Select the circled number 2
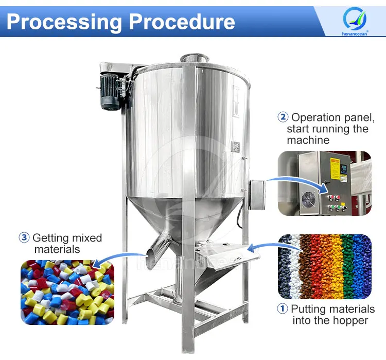coord(283,117)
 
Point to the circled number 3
coord(24,238)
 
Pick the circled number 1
coord(283,310)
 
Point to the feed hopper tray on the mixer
coord(226,252)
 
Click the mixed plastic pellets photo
coord(67,291)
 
